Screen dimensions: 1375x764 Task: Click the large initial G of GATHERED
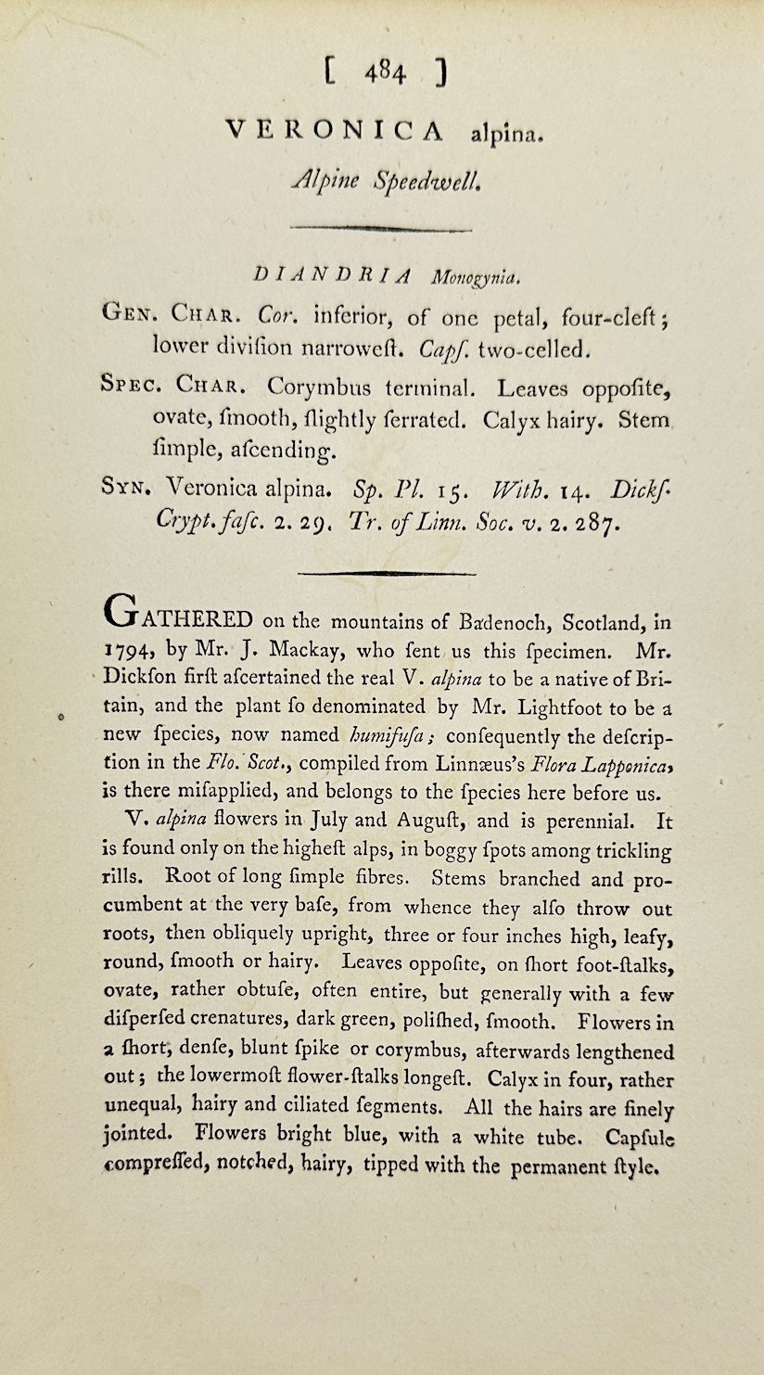point(126,613)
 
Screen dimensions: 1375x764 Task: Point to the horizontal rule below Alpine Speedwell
point(381,227)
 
